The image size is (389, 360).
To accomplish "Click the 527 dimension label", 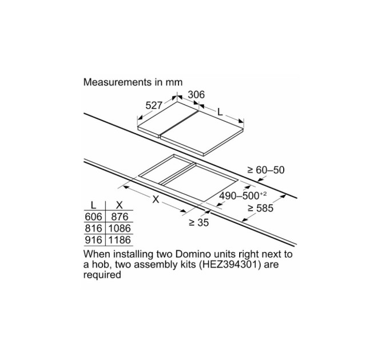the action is click(153, 106).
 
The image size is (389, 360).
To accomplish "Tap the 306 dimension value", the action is click(196, 95).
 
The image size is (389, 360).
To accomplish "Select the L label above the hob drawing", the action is click(220, 112).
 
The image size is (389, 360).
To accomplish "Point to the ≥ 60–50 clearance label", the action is click(265, 170).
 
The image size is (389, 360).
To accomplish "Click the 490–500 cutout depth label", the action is click(243, 196).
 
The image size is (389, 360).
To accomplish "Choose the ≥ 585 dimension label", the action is click(260, 208).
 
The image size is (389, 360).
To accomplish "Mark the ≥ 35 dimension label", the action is click(199, 222).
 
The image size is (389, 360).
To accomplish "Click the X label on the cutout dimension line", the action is click(156, 199).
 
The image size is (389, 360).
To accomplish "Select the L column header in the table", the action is click(93, 205).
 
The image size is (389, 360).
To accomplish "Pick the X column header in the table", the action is click(120, 205).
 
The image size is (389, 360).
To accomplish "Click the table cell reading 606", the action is click(93, 217).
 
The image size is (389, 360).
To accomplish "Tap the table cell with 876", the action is click(120, 217).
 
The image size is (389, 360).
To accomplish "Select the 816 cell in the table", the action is click(93, 228).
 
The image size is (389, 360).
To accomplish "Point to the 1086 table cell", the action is click(120, 228).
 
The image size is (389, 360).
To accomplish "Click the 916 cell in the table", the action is click(93, 240).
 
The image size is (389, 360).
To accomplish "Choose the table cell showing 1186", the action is click(120, 240).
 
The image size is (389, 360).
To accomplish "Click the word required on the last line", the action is click(102, 275).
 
